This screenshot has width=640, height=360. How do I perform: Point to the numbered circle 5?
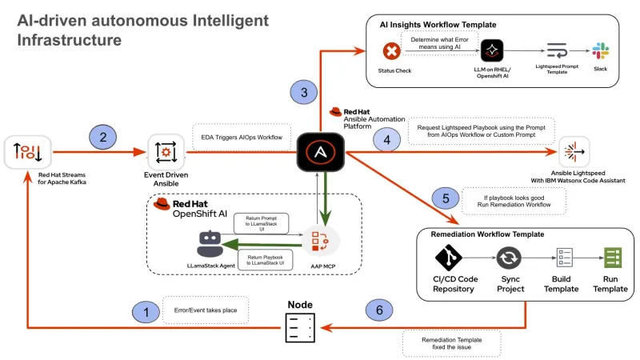point(446,198)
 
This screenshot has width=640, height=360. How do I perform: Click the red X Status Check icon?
point(392,52)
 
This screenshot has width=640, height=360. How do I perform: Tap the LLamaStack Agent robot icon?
point(209,242)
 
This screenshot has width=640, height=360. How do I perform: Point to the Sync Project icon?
point(509,259)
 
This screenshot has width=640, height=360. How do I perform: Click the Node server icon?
point(300,326)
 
